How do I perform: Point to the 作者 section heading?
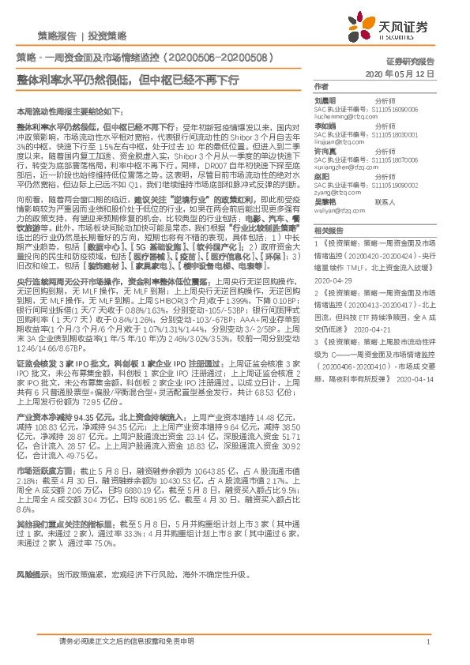(x=321, y=86)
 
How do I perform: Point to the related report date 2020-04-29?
(x=332, y=280)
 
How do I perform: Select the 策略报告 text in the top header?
(x=57, y=36)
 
